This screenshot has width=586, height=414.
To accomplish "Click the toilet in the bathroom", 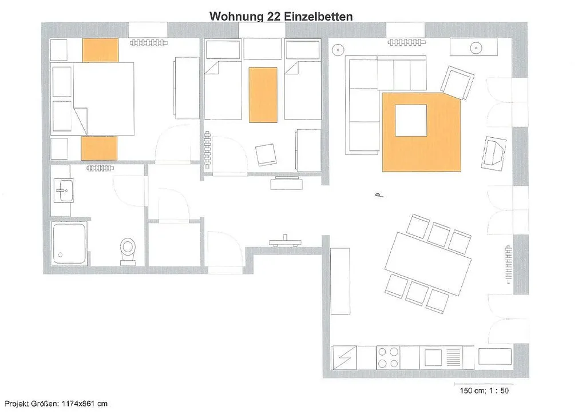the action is point(128,251).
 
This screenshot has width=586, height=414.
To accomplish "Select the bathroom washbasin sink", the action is point(64,190).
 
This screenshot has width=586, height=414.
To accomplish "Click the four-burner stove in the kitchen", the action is point(388,357).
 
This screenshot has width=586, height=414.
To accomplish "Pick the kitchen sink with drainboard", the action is point(443,357).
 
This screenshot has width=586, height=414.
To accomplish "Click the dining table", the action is point(428,263).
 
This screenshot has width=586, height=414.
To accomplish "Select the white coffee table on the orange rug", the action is point(411,120).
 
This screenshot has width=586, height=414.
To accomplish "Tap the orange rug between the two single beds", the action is point(263,95).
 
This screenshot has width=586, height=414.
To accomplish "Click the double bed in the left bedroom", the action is point(104,98).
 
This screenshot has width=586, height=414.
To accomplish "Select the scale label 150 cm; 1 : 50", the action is point(484,391).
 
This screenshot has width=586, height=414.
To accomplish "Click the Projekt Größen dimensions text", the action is point(56,404).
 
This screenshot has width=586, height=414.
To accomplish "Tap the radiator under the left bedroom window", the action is point(149,43).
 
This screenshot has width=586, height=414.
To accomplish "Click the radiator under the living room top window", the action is point(407,42).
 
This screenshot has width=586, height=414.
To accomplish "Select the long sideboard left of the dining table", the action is point(340,281).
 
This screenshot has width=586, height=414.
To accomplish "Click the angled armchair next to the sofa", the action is point(457,82).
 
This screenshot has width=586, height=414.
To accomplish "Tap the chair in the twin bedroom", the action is point(267,154).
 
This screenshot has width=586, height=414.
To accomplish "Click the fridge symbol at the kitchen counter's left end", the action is point(344,357).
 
